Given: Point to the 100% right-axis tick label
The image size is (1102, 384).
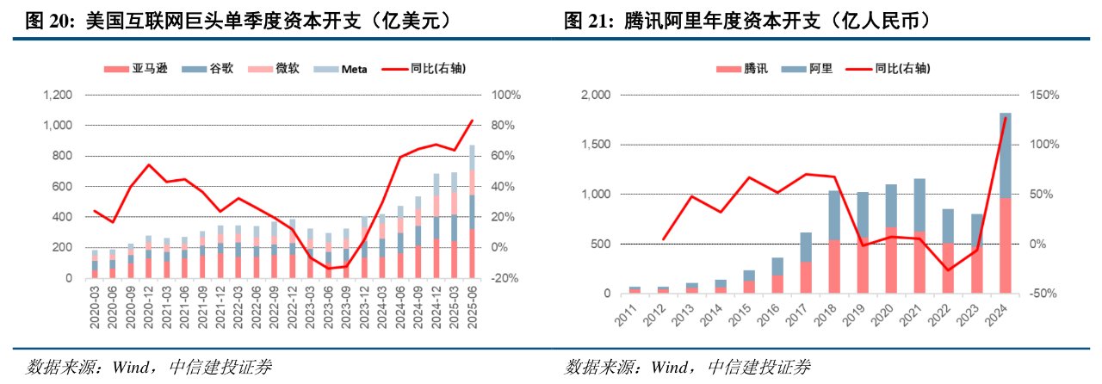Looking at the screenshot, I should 502,95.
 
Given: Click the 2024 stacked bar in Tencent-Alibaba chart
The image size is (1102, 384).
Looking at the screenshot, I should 1005,203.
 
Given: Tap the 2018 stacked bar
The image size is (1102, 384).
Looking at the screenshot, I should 833,242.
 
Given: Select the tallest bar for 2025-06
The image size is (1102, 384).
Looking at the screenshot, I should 472,212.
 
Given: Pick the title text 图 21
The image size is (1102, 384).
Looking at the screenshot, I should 581,19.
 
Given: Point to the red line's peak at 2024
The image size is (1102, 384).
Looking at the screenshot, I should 1005,118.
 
